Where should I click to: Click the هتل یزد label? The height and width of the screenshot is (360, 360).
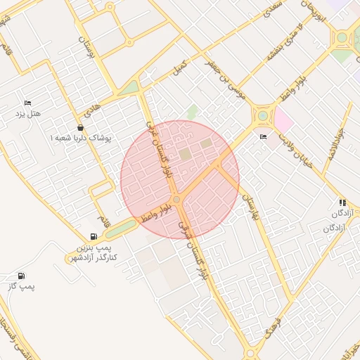pyautogui.click(x=29, y=114)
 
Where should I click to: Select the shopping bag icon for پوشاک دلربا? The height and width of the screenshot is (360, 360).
pyautogui.click(x=81, y=128)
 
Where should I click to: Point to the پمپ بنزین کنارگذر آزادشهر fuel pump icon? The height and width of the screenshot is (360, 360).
pyautogui.click(x=94, y=237)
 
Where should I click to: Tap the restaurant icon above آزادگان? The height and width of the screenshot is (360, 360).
pyautogui.click(x=342, y=202)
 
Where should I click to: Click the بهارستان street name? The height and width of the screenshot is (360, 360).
pyautogui.click(x=250, y=209)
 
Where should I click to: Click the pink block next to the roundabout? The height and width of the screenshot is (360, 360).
pyautogui.click(x=283, y=120)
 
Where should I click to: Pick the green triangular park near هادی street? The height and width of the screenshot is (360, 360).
pyautogui.click(x=129, y=88)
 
